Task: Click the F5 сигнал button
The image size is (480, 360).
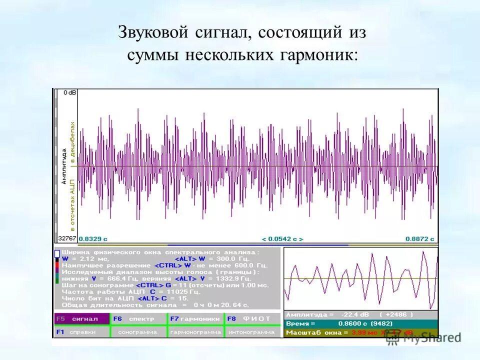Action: [x=82, y=318]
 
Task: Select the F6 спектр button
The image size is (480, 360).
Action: [x=138, y=318]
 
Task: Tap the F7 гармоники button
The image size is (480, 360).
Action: [x=195, y=318]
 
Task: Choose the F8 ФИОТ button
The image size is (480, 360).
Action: [x=252, y=318]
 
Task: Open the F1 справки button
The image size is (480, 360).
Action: [x=82, y=331]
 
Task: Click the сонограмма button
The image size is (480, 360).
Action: [x=138, y=331]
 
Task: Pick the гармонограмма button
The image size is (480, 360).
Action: [x=195, y=331]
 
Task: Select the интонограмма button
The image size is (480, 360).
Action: [x=252, y=331]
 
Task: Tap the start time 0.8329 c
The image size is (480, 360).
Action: [x=92, y=239]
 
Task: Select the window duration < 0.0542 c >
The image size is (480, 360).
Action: [x=282, y=239]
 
